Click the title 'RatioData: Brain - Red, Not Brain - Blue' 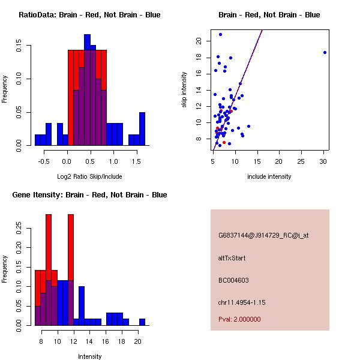click(x=89, y=15)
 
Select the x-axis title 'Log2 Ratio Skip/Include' click(x=89, y=176)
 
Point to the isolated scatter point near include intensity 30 click(x=325, y=52)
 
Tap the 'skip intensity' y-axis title click(x=184, y=90)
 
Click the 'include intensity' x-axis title click(x=269, y=176)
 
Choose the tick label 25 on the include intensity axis click(x=302, y=161)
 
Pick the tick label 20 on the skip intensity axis click(x=199, y=41)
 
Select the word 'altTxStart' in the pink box click(x=232, y=258)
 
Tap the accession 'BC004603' click(x=233, y=280)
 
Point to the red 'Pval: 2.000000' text click(x=239, y=319)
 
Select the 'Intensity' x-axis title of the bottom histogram click(x=89, y=356)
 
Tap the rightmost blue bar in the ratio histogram click(x=142, y=128)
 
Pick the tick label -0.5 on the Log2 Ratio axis click(x=43, y=161)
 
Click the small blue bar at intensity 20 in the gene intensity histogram click(x=142, y=322)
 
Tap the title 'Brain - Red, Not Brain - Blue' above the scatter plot click(x=269, y=15)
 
